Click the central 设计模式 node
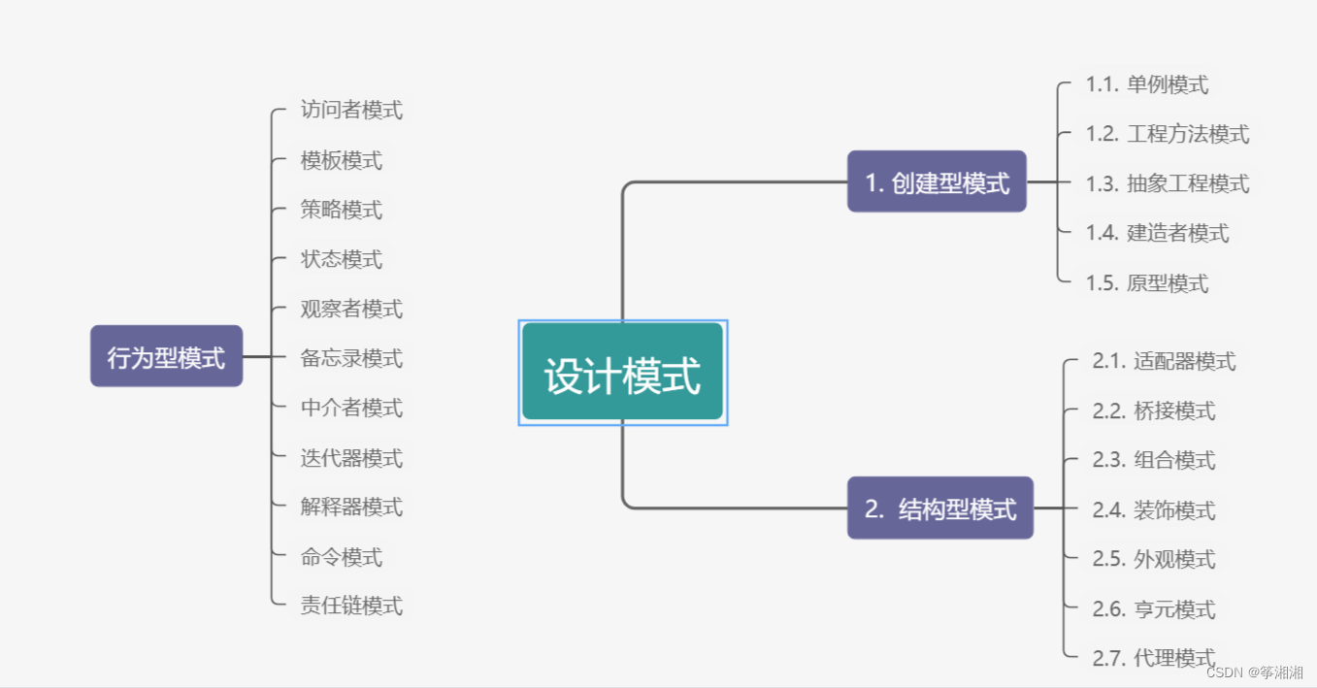(x=622, y=373)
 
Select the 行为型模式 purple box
(x=166, y=356)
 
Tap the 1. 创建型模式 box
(x=937, y=181)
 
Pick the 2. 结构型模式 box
(x=939, y=508)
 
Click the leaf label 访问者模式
(x=351, y=110)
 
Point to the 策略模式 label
(x=342, y=210)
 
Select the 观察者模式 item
(x=351, y=309)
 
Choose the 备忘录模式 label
(x=351, y=358)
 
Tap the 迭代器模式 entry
(x=351, y=457)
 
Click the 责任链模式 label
(x=351, y=606)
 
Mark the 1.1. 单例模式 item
(x=1147, y=84)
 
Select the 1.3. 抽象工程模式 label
(x=1168, y=183)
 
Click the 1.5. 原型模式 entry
(x=1147, y=283)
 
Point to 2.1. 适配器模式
(x=1164, y=361)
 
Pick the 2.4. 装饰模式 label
(x=1153, y=509)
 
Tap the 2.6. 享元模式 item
(x=1153, y=609)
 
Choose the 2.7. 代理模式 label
(x=1153, y=658)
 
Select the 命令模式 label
(x=342, y=557)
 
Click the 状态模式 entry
(x=342, y=259)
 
